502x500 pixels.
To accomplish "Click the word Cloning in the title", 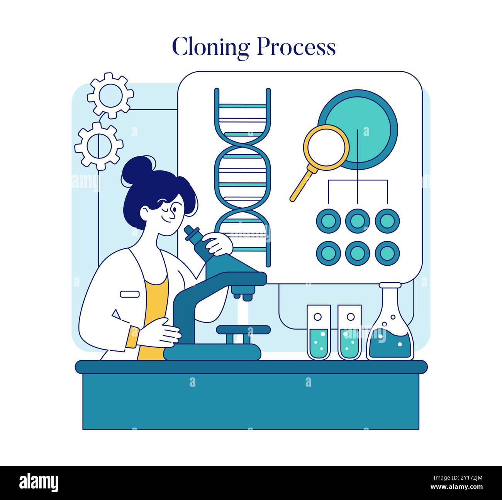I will pos(211,47).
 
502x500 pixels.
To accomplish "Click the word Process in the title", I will pos(296,47).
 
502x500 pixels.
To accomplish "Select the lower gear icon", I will pos(99,145).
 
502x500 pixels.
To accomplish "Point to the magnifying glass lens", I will pos(326,147).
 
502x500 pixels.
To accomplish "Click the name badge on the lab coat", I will pos(129,294).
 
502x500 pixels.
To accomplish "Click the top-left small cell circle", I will pos(328,221).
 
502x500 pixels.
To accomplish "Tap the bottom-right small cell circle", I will pos(387,253).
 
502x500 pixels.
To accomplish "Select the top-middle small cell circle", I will pos(358,221).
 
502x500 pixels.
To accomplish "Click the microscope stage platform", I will pos(243,330).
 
